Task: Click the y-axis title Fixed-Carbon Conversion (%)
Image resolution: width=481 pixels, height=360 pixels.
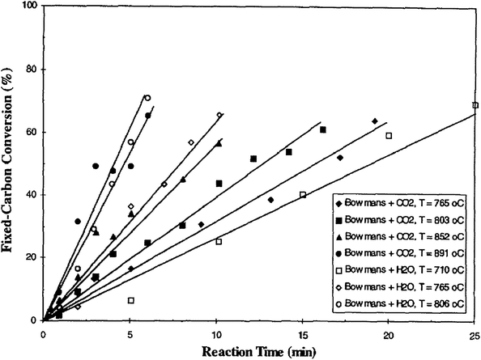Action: click(x=11, y=162)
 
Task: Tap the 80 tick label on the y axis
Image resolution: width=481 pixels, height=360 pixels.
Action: click(x=32, y=70)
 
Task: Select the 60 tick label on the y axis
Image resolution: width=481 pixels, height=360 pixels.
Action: click(x=32, y=132)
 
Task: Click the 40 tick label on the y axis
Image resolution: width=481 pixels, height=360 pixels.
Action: click(x=32, y=195)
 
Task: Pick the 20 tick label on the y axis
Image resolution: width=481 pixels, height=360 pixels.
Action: click(x=32, y=257)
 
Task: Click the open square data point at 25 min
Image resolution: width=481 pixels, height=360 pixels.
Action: click(x=475, y=105)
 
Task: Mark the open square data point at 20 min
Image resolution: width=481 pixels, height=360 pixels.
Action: click(x=389, y=136)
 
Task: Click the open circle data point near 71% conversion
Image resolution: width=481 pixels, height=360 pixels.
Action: click(x=147, y=98)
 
